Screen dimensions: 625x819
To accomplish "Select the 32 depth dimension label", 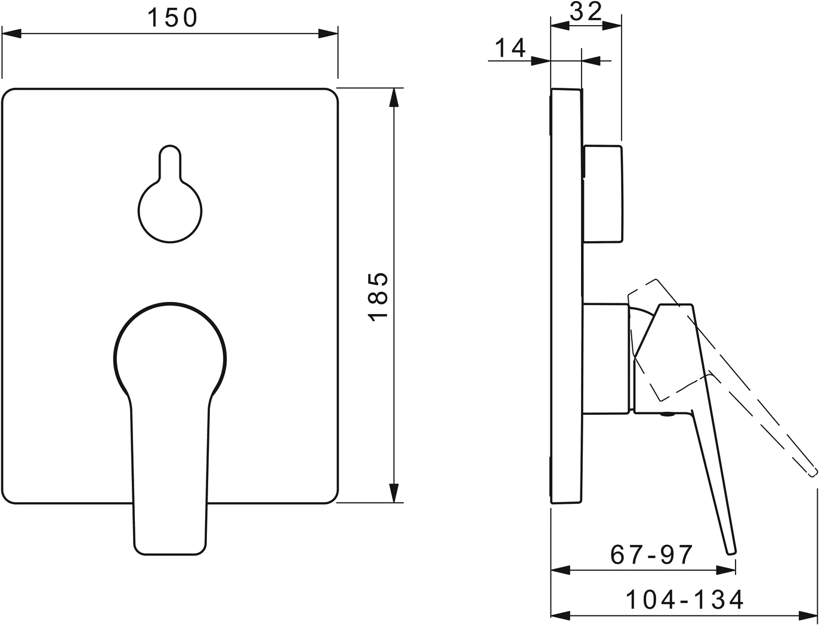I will pos(585,11).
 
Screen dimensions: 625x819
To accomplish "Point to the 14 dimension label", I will pos(509,47).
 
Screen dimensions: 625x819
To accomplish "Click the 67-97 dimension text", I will pos(651,555).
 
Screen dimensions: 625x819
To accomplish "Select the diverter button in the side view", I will pos(603,193).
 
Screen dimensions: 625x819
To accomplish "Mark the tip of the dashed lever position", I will pos(811,472).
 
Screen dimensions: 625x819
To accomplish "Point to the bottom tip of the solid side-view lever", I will pos(731,550).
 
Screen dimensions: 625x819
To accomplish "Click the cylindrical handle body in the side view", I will pos(606,358).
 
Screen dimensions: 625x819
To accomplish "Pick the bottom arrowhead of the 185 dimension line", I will pos(393,494).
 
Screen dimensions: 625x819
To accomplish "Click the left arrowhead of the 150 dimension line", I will pos(12,33).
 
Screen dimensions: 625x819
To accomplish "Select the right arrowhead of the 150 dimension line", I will pos(328,33).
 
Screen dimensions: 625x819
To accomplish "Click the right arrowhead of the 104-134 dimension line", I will pos(808,614).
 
